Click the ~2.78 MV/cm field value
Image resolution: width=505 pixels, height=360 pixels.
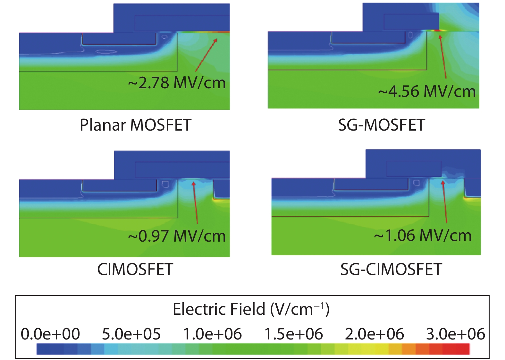(177, 83)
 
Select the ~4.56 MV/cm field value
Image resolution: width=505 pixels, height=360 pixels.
(427, 91)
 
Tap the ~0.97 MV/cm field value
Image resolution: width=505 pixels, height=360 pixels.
(177, 236)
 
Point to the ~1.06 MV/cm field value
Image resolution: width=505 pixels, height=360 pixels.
(423, 236)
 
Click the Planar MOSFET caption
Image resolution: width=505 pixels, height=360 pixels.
(136, 125)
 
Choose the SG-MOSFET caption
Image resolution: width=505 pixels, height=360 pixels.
(382, 125)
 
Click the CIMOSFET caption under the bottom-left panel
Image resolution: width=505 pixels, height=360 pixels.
(135, 269)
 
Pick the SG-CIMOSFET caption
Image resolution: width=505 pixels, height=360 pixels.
(391, 269)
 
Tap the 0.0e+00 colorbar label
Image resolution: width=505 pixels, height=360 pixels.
(50, 334)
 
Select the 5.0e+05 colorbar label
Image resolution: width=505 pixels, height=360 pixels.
(131, 334)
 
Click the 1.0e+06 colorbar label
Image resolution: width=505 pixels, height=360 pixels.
(212, 334)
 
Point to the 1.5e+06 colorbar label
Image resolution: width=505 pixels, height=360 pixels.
(293, 334)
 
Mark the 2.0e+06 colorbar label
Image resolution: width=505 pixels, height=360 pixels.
(374, 334)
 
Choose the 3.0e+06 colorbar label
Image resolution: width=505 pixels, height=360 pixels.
(455, 334)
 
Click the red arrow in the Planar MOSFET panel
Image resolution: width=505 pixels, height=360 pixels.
(206, 55)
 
